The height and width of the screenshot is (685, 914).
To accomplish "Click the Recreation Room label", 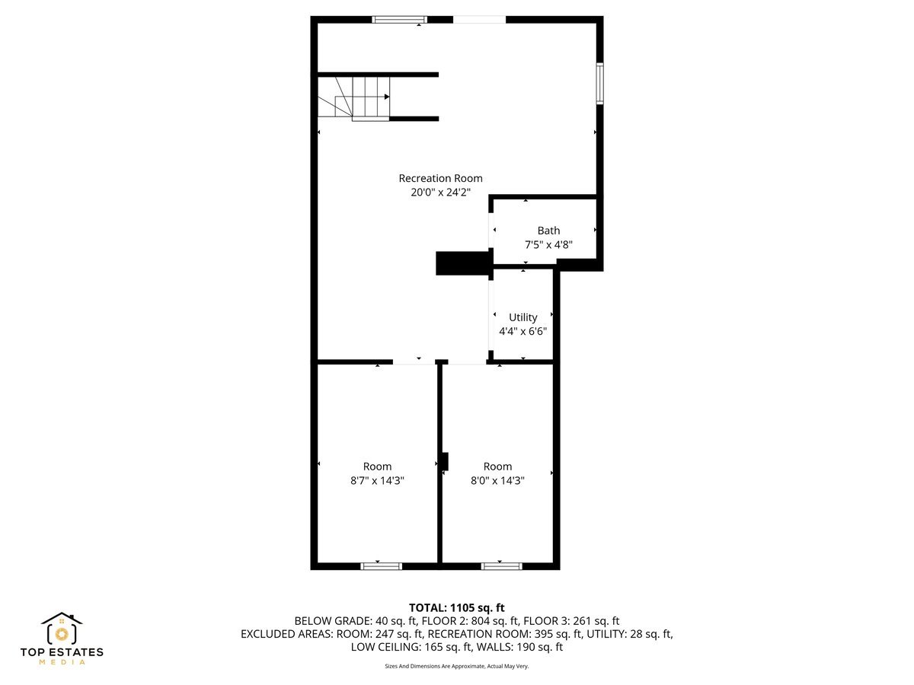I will (x=440, y=178).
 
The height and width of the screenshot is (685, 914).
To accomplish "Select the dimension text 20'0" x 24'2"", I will (x=440, y=193).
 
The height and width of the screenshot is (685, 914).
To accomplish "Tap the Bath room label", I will (x=548, y=231).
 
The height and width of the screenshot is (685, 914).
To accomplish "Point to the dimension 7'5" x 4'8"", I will (x=548, y=245).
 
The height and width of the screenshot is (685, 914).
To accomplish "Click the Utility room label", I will (x=523, y=317).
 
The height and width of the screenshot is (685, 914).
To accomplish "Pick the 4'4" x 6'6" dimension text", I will (x=523, y=332).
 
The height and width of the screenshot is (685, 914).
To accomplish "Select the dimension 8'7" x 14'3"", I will (x=377, y=481).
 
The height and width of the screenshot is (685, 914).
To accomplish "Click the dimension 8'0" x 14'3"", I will (x=497, y=481).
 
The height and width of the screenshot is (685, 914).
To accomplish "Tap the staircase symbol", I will (x=353, y=97).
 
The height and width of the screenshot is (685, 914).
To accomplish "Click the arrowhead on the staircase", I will (x=387, y=97).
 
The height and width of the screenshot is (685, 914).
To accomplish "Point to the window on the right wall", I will (x=600, y=83).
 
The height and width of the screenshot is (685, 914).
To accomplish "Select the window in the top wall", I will (x=399, y=19).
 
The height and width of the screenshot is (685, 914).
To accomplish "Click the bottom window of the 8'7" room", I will (x=381, y=566).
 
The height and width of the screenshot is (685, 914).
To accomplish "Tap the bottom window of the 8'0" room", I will (x=501, y=566).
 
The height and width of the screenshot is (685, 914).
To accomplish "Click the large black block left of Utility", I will (x=461, y=263).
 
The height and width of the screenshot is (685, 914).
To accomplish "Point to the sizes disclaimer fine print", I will (x=457, y=666).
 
